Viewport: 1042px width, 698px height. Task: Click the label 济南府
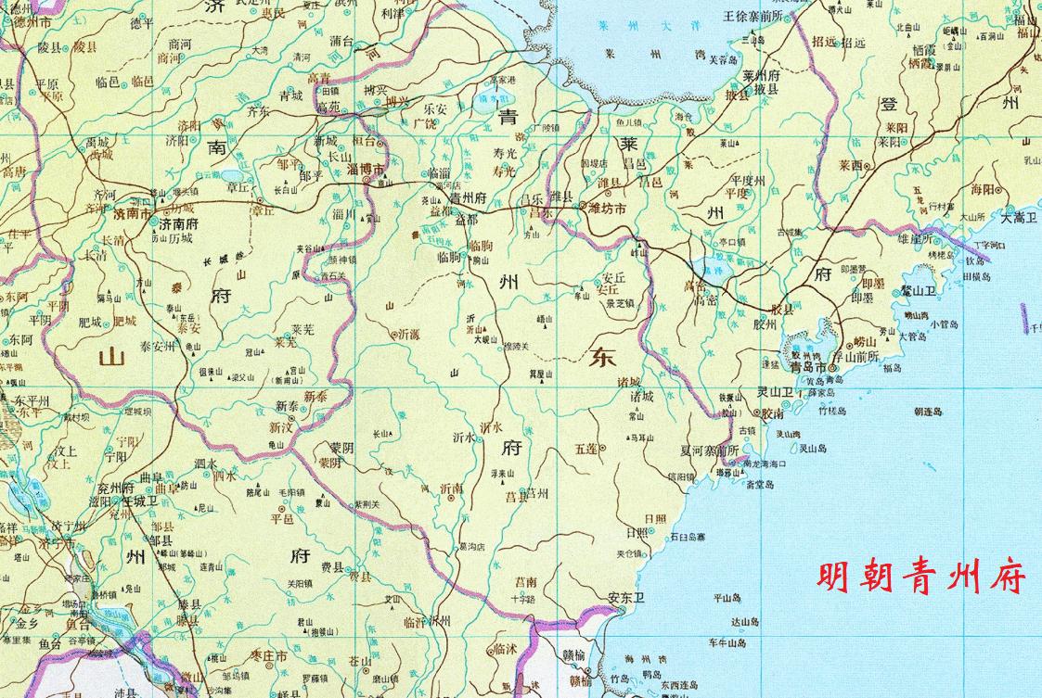pyautogui.click(x=181, y=224)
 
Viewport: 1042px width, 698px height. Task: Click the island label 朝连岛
pyautogui.click(x=927, y=411)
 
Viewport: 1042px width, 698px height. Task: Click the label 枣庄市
pyautogui.click(x=268, y=655)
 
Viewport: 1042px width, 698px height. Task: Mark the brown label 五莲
pyautogui.click(x=586, y=448)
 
